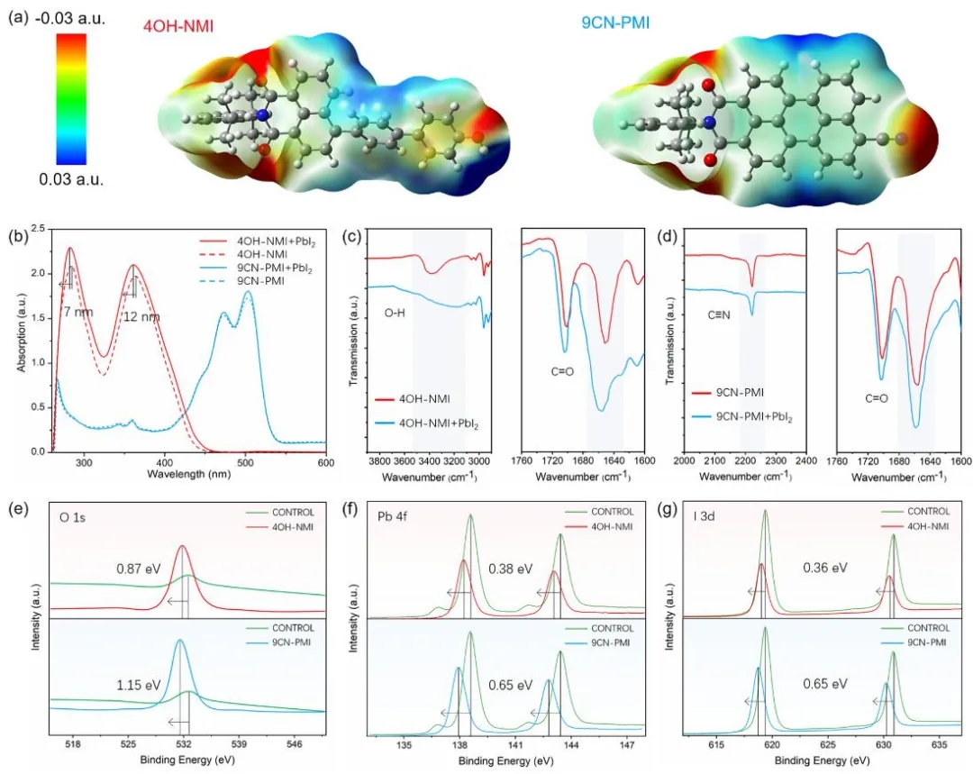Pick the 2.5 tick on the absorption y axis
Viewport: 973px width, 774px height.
click(38, 230)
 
